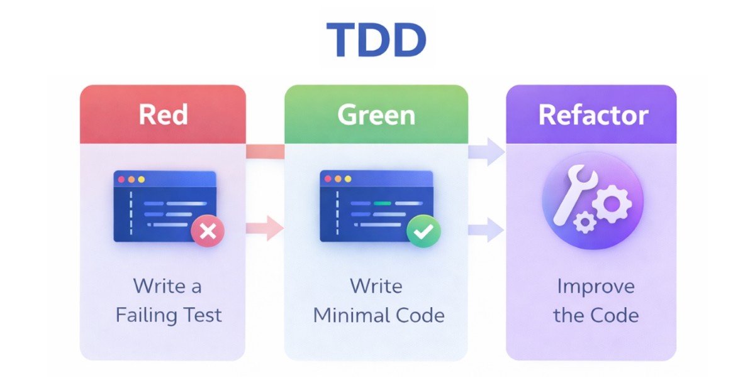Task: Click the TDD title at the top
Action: pyautogui.click(x=376, y=41)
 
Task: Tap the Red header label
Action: pyautogui.click(x=163, y=115)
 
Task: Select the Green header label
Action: pyautogui.click(x=376, y=115)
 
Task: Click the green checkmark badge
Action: pyautogui.click(x=423, y=231)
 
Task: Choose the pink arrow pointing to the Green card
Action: pyautogui.click(x=267, y=227)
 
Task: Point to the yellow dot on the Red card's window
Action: pyautogui.click(x=141, y=180)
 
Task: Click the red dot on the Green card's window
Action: pyautogui.click(x=327, y=179)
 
